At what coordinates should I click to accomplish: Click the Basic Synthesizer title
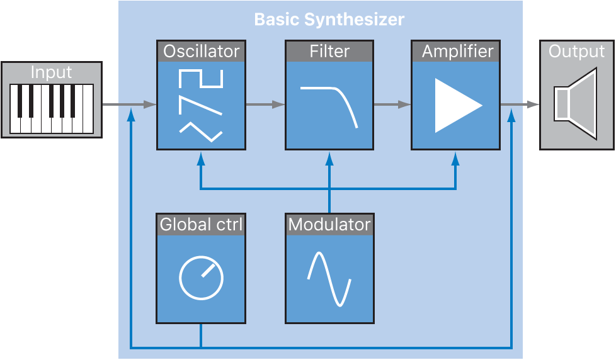click(329, 20)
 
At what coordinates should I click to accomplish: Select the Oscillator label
click(201, 52)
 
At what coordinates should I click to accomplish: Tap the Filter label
click(329, 52)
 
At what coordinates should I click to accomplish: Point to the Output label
click(577, 52)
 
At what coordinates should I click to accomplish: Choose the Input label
click(51, 72)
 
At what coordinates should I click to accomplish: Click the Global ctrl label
click(201, 224)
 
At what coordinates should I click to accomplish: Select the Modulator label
click(329, 224)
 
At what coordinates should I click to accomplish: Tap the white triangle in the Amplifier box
click(455, 105)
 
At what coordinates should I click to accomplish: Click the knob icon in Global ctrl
click(201, 278)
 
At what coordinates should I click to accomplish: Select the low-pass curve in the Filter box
click(329, 104)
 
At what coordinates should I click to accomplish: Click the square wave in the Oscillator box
click(201, 79)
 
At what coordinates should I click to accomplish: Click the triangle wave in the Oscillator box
click(201, 131)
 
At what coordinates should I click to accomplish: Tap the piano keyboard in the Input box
click(51, 108)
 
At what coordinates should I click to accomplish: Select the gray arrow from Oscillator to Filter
click(265, 105)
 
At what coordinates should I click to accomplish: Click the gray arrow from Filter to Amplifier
click(392, 105)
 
